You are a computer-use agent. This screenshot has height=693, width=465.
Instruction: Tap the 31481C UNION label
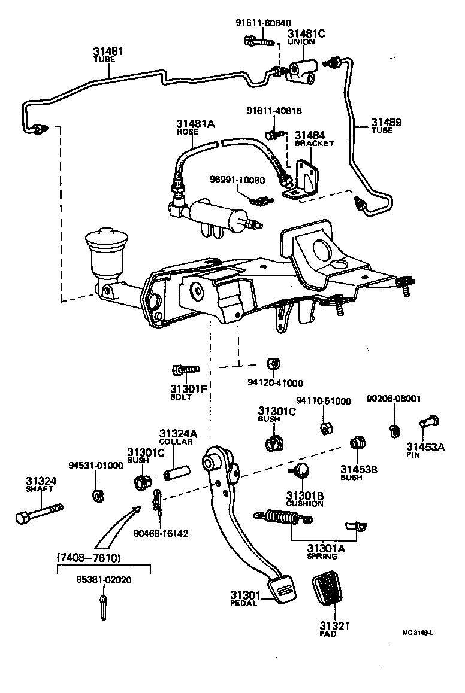[x=306, y=38]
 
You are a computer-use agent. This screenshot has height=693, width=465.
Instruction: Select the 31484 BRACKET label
[x=313, y=139]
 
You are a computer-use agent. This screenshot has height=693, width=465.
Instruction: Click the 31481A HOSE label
[x=195, y=126]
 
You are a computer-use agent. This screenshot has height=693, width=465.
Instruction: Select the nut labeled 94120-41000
[x=271, y=364]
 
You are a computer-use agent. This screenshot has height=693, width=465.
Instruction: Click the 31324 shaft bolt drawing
[x=37, y=513]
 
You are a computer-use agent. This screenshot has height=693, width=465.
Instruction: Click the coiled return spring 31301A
[x=282, y=515]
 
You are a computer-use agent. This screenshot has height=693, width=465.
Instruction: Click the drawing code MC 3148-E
[x=418, y=632]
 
